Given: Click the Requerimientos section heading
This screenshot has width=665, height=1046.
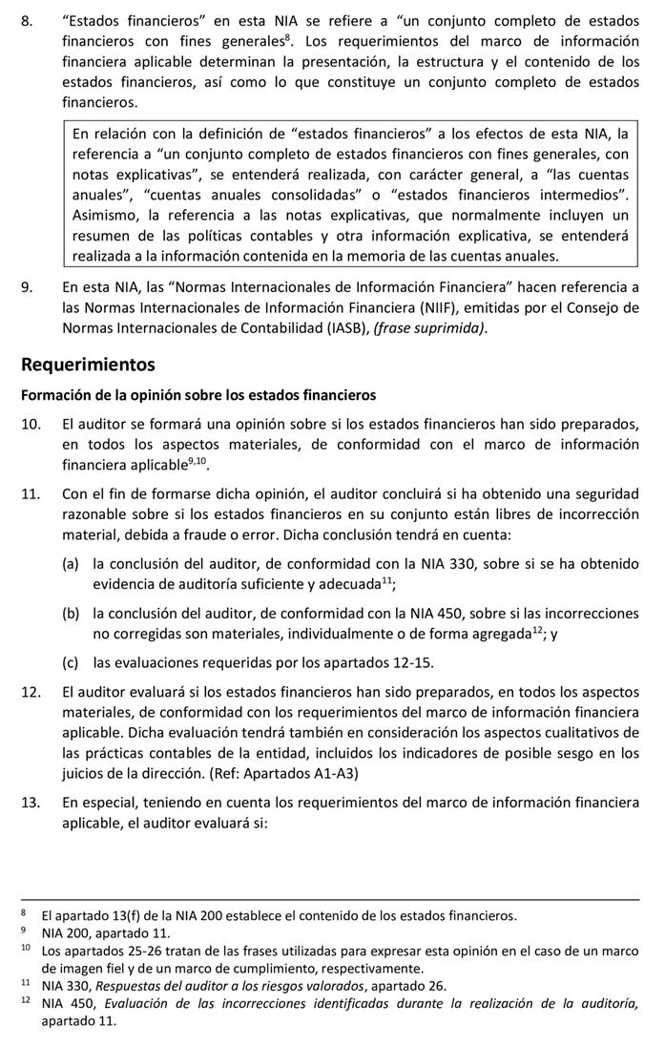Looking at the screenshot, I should point(88,365).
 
